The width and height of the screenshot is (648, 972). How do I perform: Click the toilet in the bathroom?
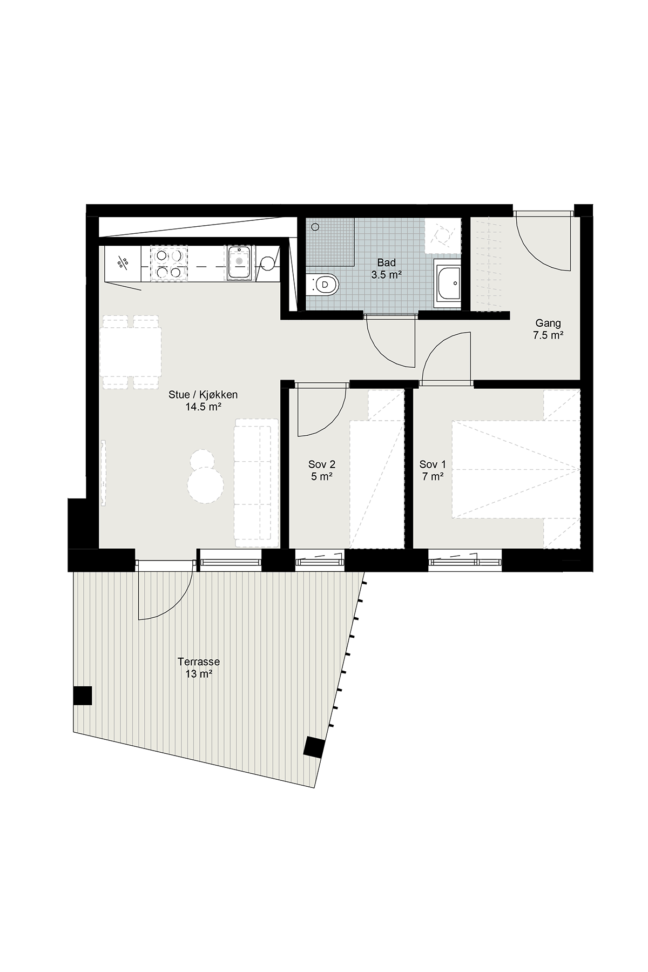(x=322, y=284)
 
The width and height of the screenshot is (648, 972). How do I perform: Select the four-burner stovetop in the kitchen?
(x=168, y=264)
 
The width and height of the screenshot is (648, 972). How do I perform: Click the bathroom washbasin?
(x=448, y=282)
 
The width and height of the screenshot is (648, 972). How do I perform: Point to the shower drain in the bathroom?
(x=315, y=227)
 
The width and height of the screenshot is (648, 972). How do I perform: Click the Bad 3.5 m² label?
(x=386, y=268)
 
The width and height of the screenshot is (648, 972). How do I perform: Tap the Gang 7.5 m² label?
(x=548, y=329)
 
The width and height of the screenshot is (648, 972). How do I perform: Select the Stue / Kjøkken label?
(x=203, y=395)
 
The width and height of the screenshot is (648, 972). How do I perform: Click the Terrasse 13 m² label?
(x=199, y=667)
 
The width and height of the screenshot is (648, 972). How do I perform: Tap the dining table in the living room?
(x=131, y=352)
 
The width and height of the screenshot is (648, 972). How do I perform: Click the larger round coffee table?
(x=205, y=484)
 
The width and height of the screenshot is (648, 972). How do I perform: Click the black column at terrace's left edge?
(x=83, y=696)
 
